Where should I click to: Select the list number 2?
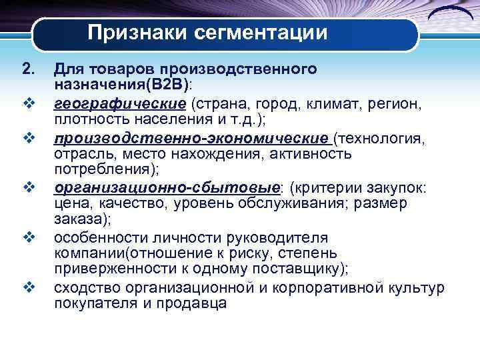click(x=27, y=69)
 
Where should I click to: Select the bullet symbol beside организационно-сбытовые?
click(x=28, y=187)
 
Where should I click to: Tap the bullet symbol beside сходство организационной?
click(x=28, y=287)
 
